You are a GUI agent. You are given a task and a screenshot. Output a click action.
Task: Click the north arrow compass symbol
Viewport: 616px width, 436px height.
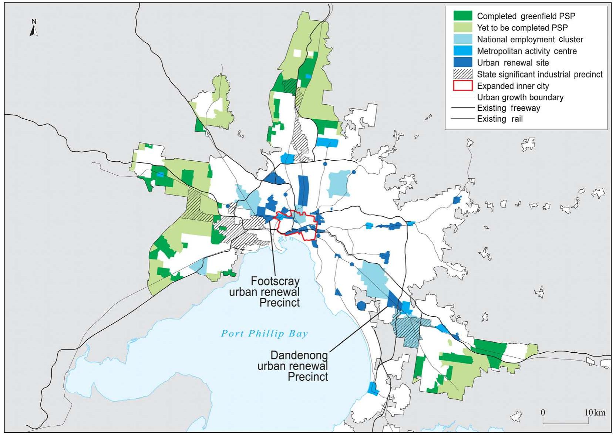34,28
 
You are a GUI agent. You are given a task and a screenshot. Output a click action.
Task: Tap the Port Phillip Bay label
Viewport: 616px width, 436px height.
264,334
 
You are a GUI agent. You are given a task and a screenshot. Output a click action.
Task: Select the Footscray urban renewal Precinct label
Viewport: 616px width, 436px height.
275,292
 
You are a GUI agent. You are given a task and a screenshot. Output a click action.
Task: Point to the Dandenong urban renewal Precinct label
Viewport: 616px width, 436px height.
299,366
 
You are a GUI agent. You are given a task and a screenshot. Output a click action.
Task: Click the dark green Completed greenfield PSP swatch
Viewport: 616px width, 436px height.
463,16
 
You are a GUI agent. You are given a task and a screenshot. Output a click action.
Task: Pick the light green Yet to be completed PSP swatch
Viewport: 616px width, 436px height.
463,28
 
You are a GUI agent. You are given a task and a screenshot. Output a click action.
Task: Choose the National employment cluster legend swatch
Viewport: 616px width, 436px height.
463,39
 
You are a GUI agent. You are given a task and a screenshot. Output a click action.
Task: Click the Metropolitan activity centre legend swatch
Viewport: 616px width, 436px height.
463,51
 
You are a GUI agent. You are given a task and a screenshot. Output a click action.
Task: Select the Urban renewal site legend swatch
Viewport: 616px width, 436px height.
463,62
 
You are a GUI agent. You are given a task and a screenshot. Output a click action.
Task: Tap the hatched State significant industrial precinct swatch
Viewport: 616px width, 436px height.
463,74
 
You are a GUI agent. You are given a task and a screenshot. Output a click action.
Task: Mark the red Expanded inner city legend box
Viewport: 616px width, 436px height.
463,86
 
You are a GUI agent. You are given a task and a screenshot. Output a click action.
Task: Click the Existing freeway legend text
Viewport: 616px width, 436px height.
508,108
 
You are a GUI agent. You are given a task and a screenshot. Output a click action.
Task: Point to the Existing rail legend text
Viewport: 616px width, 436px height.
499,119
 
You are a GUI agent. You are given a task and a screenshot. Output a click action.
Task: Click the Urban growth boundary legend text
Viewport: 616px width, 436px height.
520,97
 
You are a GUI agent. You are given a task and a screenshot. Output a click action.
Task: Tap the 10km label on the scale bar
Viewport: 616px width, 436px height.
595,412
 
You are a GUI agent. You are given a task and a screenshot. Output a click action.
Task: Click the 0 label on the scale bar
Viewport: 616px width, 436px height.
543,412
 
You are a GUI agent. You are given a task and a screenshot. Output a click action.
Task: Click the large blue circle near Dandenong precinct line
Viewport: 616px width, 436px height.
361,306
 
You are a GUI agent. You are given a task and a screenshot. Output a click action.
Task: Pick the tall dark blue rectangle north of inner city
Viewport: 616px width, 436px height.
303,190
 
